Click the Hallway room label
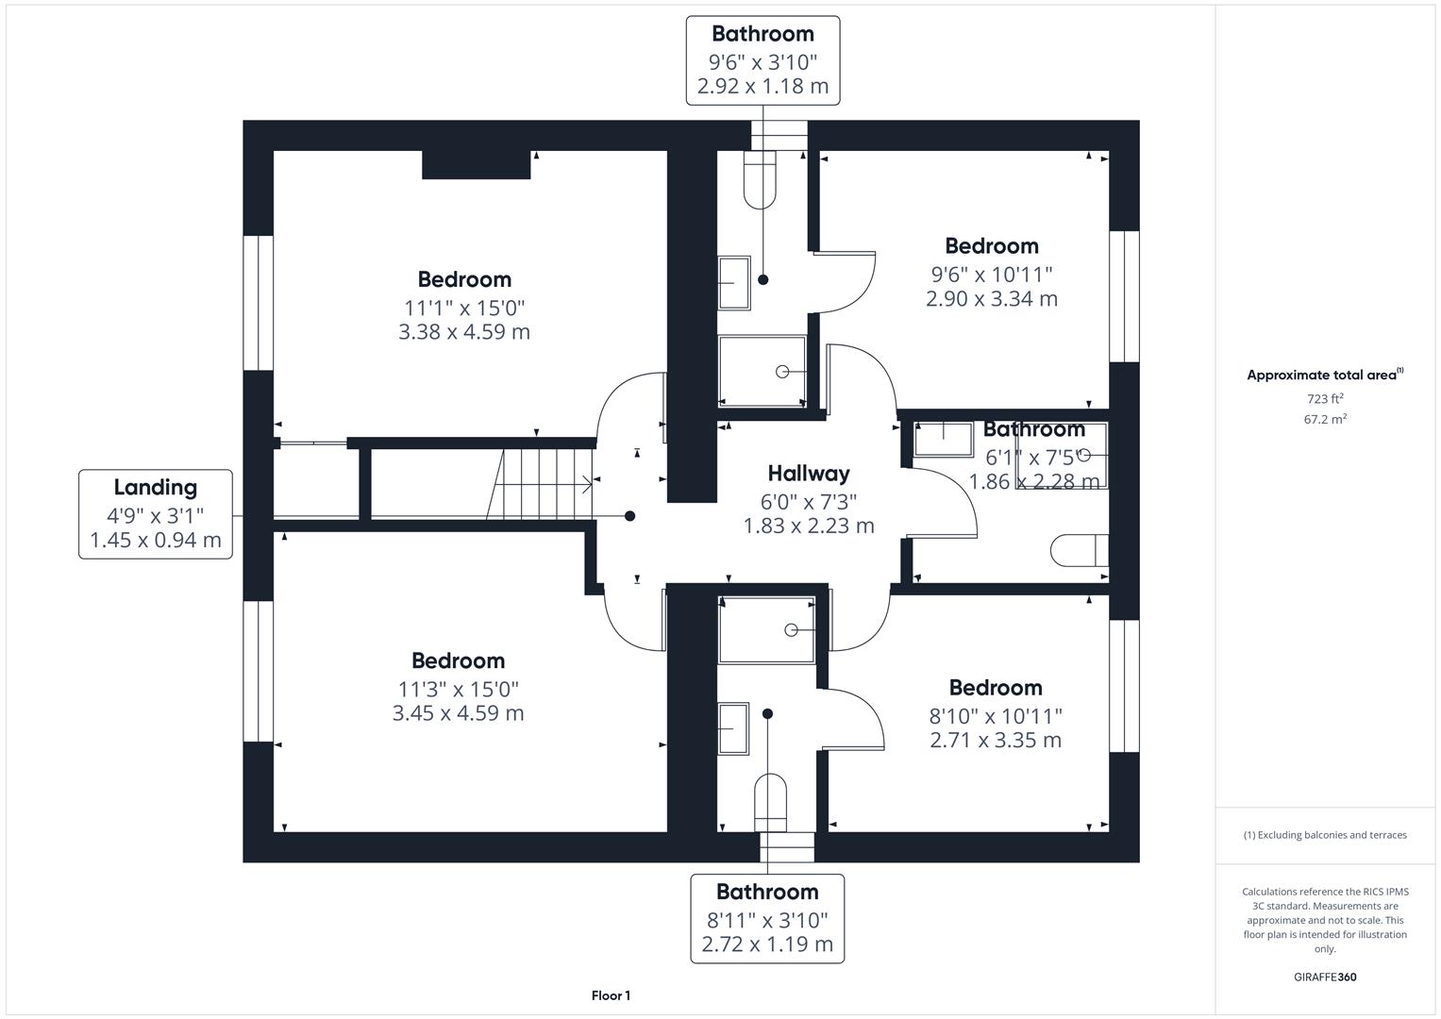808,474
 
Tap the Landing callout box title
156,488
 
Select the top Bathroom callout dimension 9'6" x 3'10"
762,62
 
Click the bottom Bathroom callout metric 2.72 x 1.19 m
767,944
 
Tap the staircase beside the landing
543,484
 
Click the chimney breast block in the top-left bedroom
476,164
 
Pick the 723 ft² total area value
1325,399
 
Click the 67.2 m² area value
1325,420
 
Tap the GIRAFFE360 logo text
1325,977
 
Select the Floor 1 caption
611,995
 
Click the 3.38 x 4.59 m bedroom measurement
464,332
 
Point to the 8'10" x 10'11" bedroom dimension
996,716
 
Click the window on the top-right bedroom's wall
1123,296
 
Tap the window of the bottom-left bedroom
258,671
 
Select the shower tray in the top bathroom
762,372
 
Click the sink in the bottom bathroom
733,728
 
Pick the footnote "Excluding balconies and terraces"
1325,835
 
